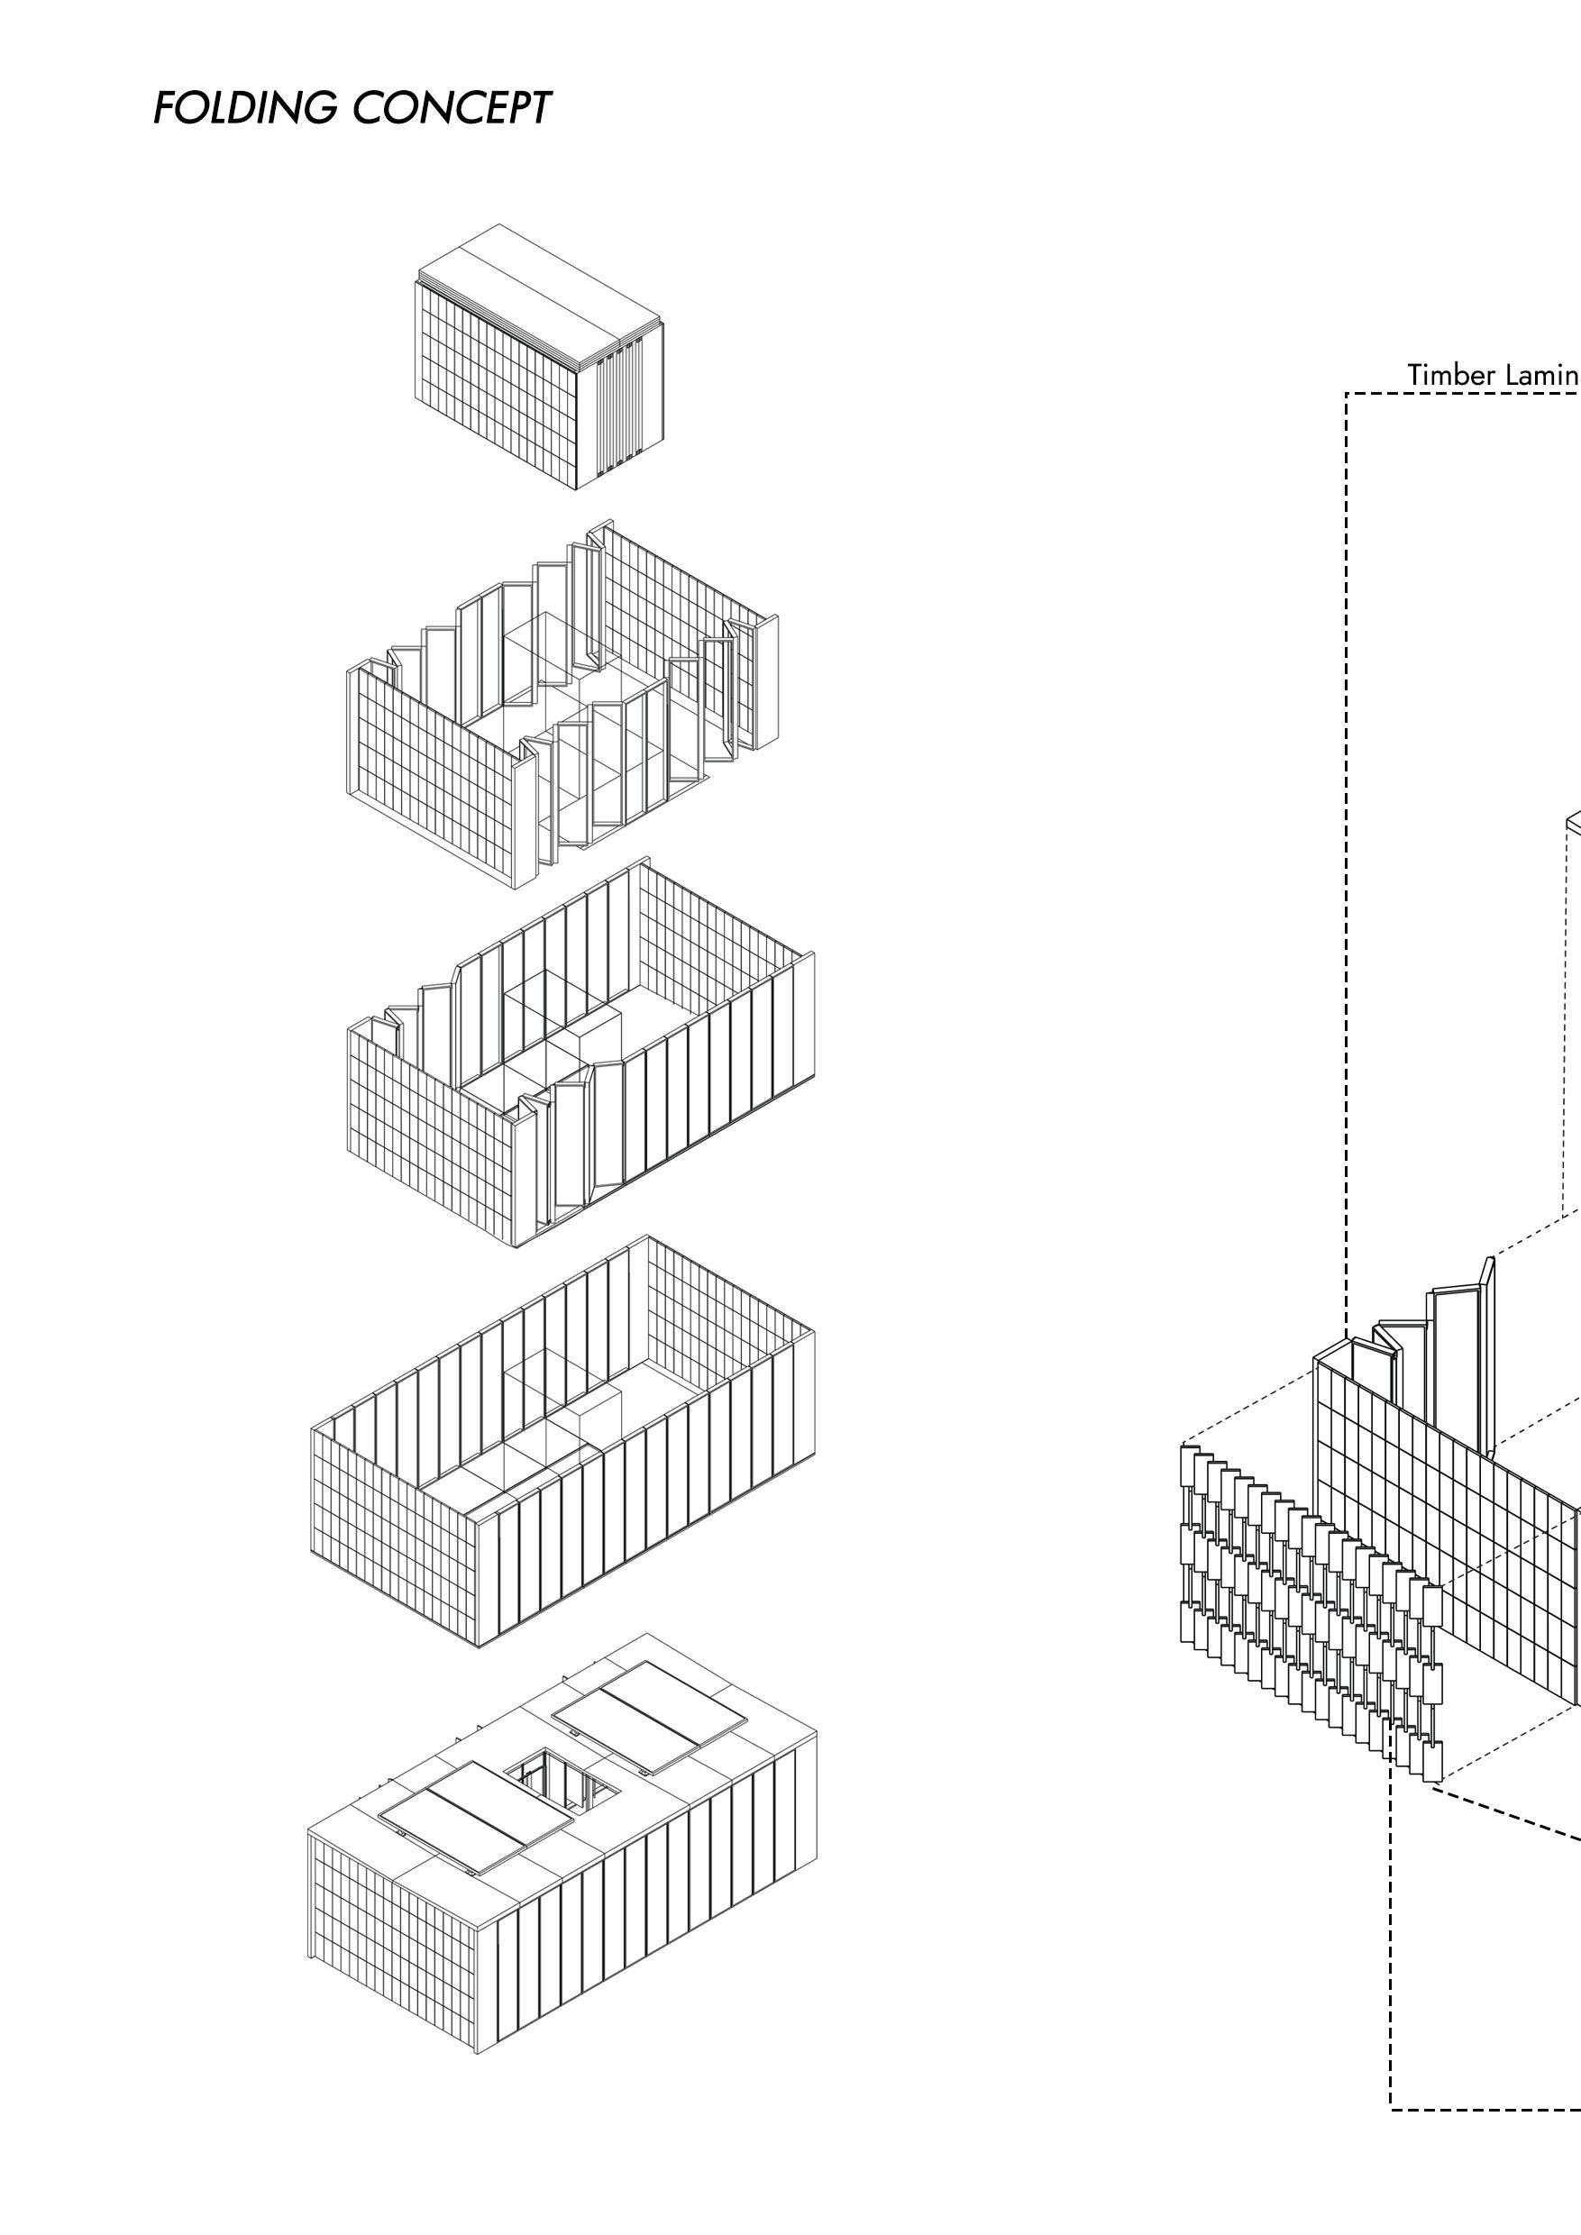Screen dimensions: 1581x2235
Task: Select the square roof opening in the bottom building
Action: point(555,1783)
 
